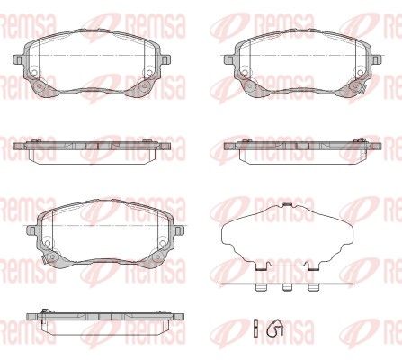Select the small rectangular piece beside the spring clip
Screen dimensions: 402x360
255,326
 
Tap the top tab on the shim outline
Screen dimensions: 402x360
287,204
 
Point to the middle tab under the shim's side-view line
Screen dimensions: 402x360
287,288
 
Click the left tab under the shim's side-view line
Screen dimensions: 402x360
260,288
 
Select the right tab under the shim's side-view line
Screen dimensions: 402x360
313,288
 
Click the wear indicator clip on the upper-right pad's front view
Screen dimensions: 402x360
363,87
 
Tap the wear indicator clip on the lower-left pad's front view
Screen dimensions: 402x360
44,259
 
